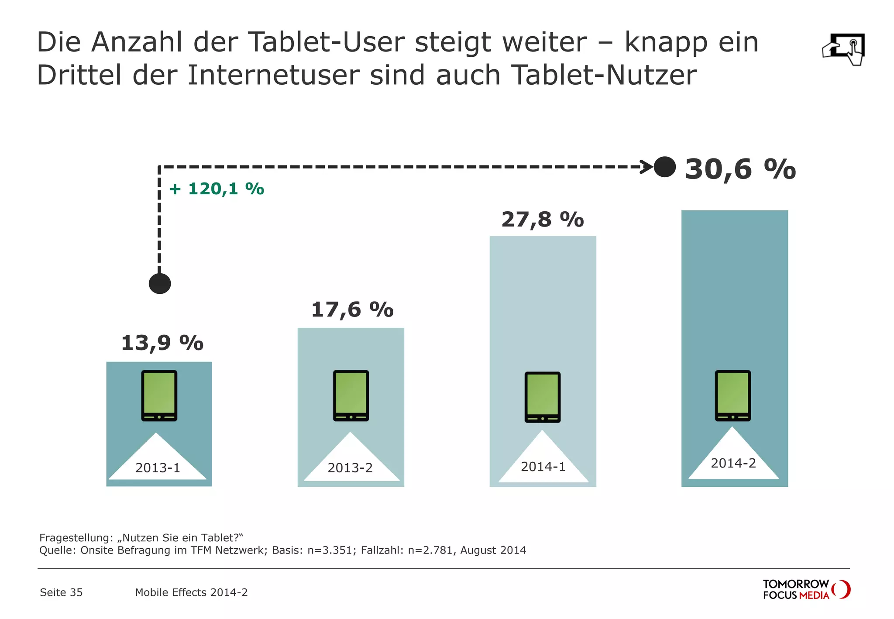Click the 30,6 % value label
[740, 169]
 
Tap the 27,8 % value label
[542, 220]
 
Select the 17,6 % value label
[352, 310]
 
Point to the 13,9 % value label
[162, 343]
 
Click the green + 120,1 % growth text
[217, 189]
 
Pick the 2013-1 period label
[158, 468]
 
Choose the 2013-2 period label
[350, 468]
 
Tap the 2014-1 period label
[543, 467]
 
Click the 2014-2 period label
[733, 463]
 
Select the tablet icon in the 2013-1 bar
[159, 395]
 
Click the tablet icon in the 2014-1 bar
[542, 397]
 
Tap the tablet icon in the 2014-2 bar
[732, 395]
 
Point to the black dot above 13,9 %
[160, 284]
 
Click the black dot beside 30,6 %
[664, 167]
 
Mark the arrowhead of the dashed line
[647, 167]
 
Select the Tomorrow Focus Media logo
[806, 589]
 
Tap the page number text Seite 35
[61, 592]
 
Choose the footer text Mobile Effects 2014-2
[191, 592]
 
